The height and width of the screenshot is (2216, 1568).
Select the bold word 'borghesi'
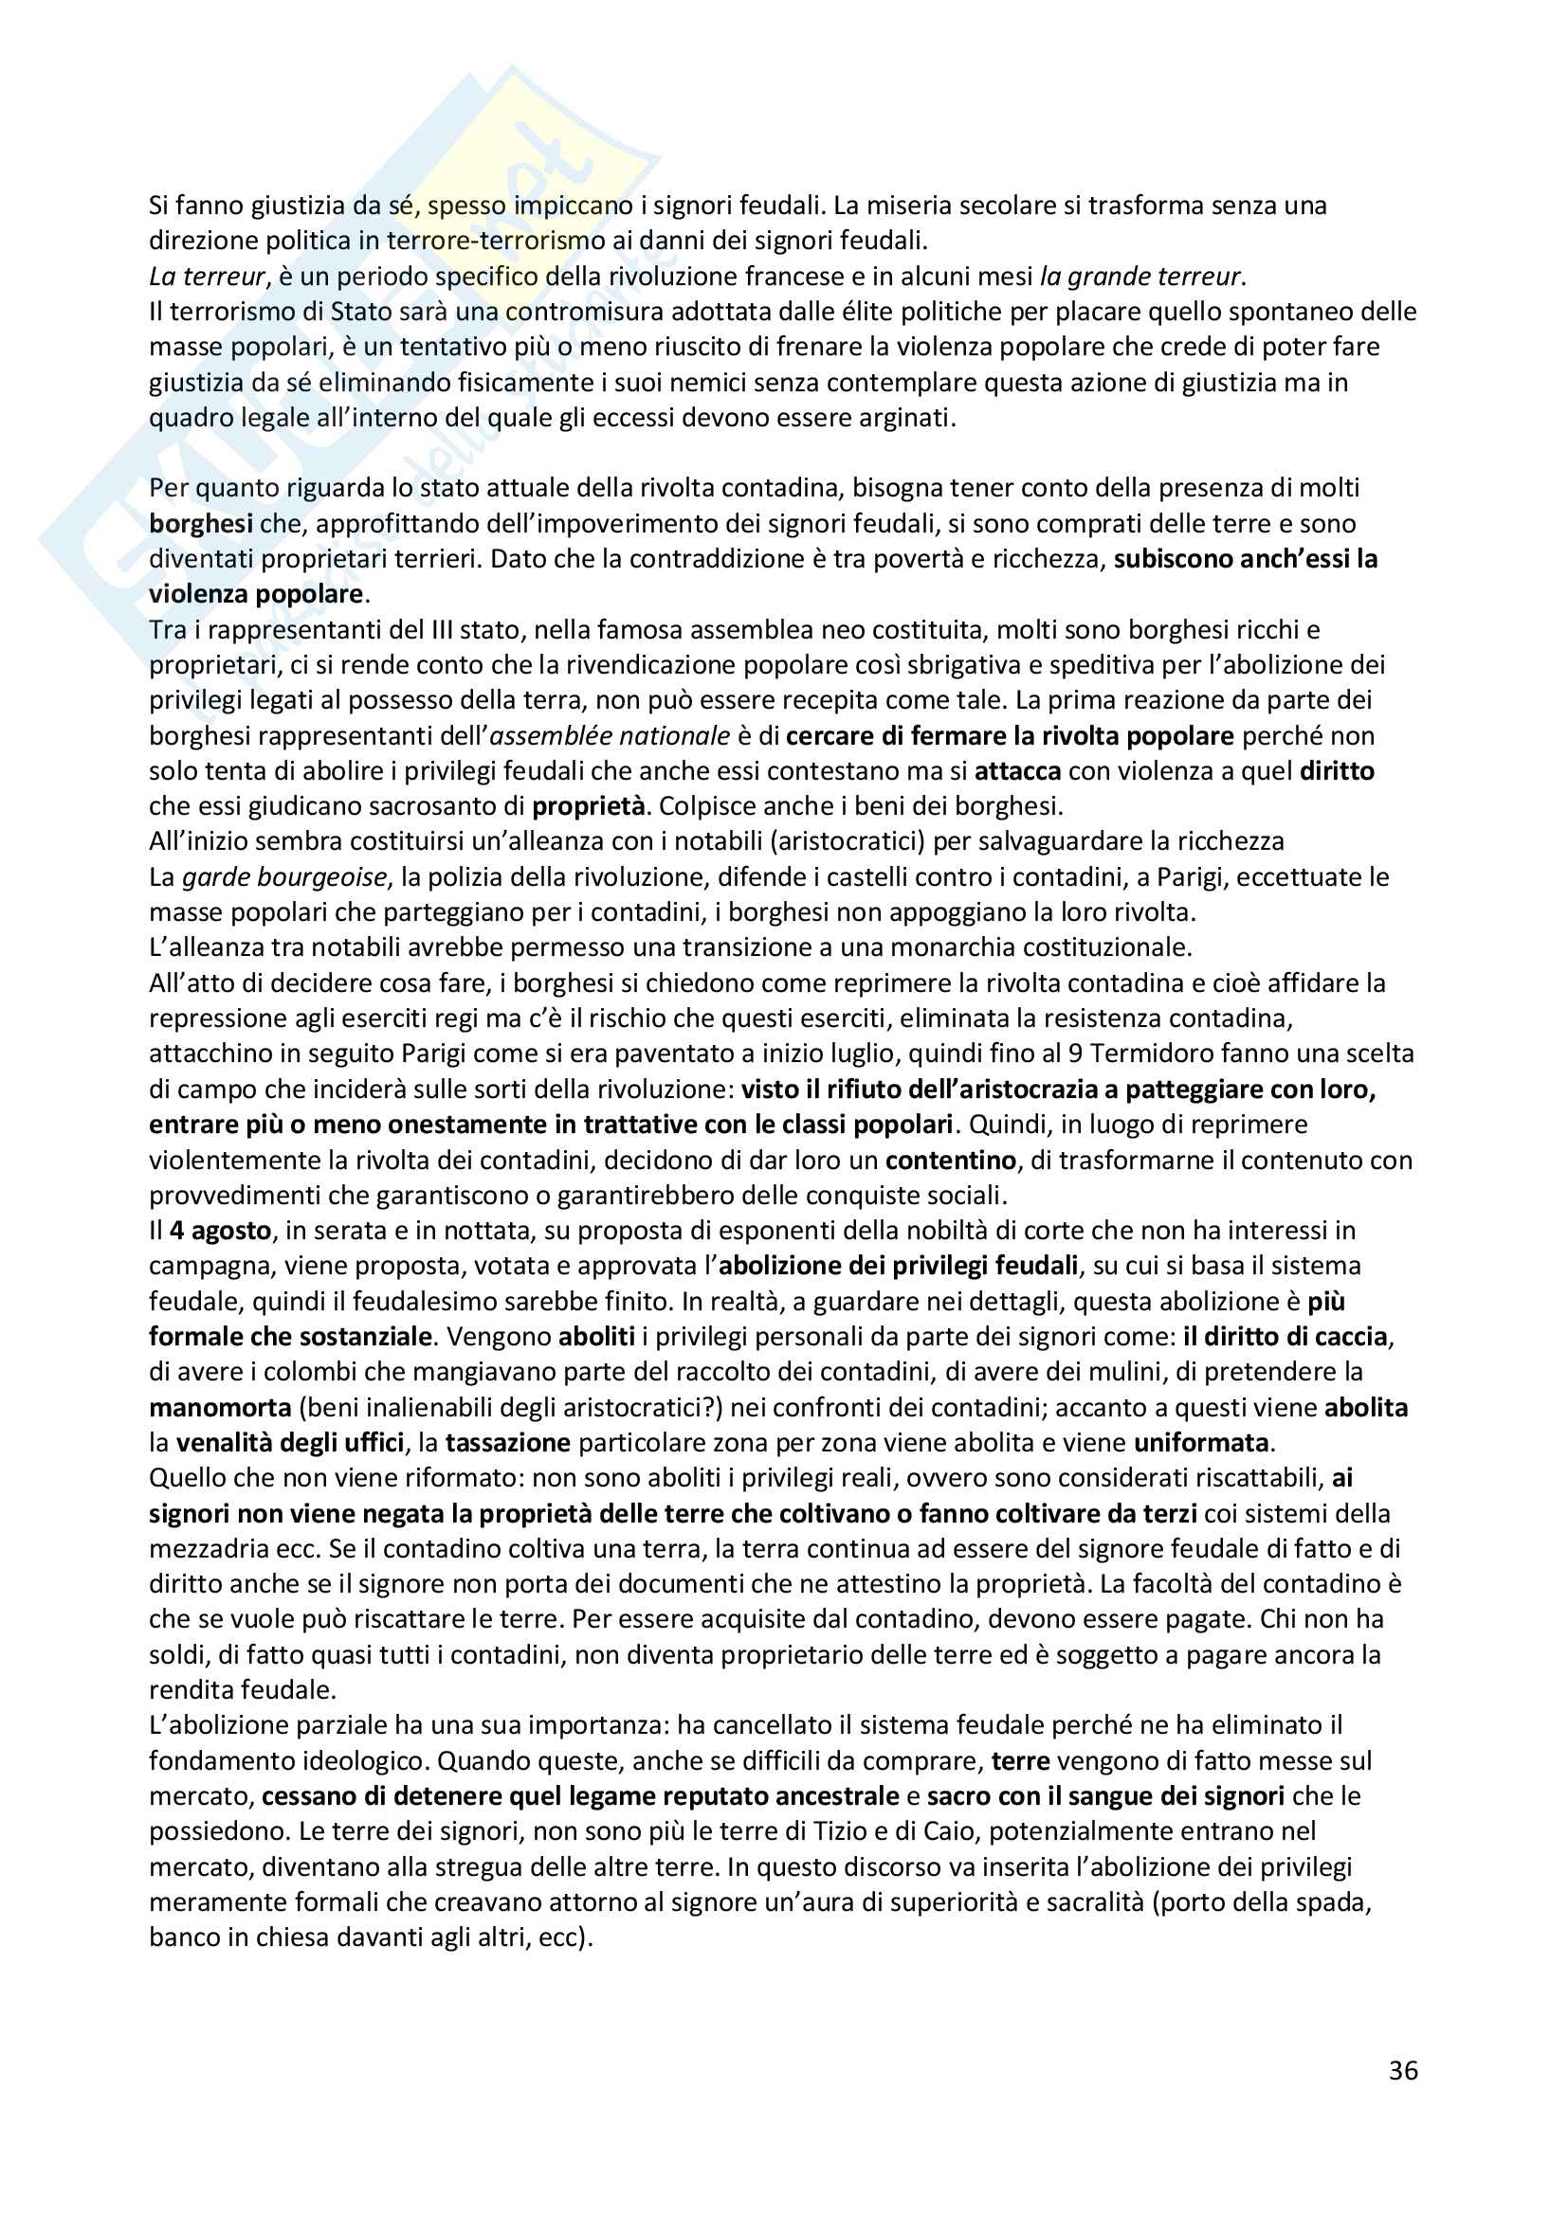pyautogui.click(x=201, y=524)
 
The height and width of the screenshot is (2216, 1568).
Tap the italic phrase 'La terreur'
pyautogui.click(x=207, y=277)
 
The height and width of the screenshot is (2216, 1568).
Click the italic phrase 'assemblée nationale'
pyautogui.click(x=611, y=736)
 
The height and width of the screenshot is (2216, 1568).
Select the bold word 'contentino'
pyautogui.click(x=951, y=1161)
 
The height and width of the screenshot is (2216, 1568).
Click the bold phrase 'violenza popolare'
pyautogui.click(x=256, y=595)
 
